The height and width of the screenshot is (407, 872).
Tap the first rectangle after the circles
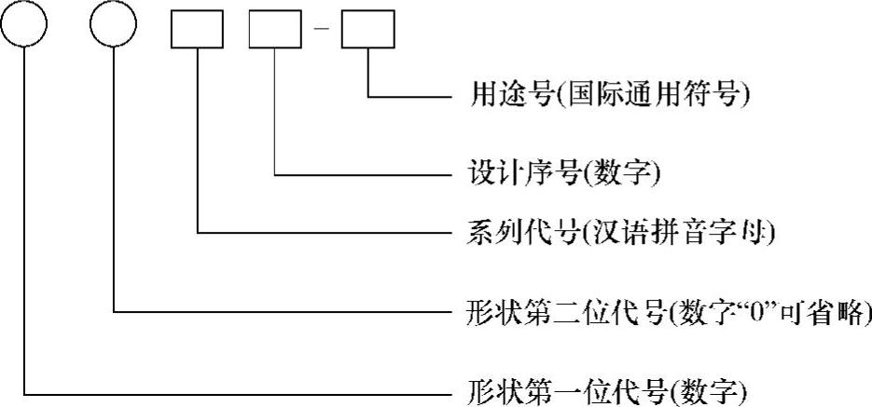(198, 31)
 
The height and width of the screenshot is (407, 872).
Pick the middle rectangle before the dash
(276, 31)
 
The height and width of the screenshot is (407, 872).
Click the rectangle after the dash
(368, 31)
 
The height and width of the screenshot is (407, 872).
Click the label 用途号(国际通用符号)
(607, 96)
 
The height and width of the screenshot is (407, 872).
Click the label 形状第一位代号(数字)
(606, 387)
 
